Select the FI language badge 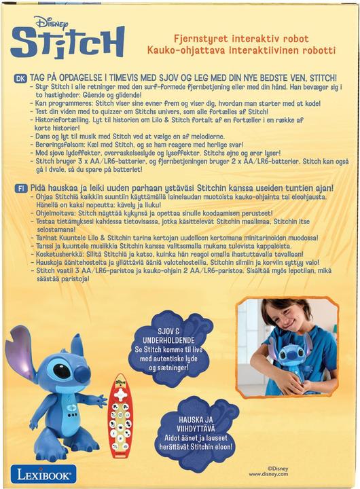[x=18, y=186]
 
